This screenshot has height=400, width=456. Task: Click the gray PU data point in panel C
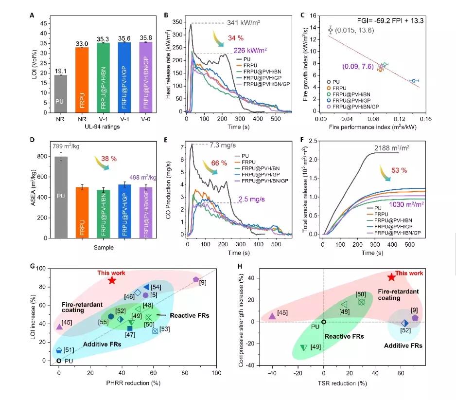coord(331,30)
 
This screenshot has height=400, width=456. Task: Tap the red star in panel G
coord(112,280)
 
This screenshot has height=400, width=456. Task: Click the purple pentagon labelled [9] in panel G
coord(196,280)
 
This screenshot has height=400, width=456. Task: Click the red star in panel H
coord(392,277)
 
